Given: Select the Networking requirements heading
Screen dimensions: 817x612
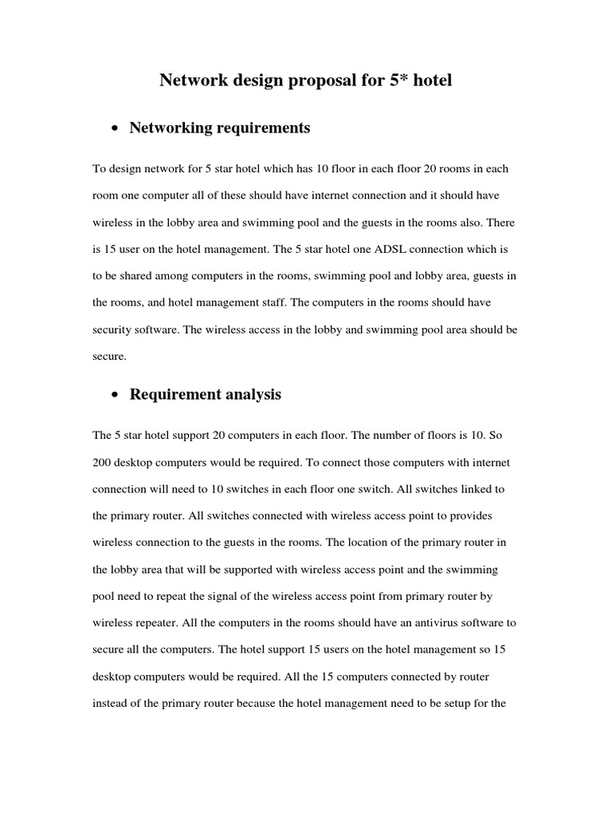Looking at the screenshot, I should (219, 128).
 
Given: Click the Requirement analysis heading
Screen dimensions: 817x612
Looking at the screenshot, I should (205, 394).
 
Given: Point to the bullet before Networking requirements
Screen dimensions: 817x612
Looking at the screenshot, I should (116, 129).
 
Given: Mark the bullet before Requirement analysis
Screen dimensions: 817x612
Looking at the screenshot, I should (116, 396).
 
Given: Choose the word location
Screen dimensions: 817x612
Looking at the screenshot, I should (370, 543).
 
